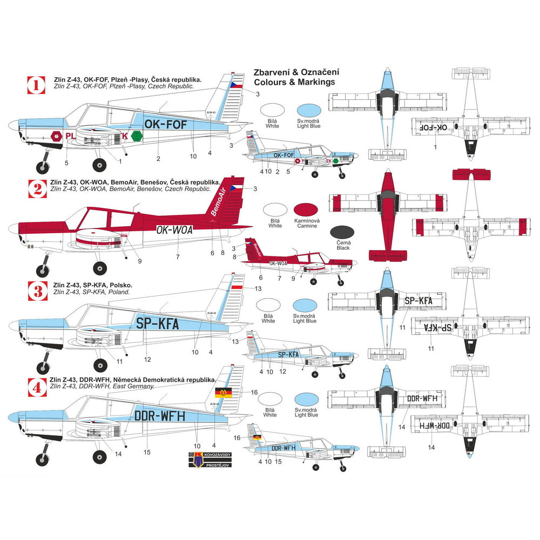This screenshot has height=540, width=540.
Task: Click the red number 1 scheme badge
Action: click(x=36, y=85)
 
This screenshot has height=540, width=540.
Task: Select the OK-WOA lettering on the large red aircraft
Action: click(x=174, y=229)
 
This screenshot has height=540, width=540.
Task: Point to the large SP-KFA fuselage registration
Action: click(x=154, y=323)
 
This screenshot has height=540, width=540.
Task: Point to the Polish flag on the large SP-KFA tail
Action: click(x=238, y=288)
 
